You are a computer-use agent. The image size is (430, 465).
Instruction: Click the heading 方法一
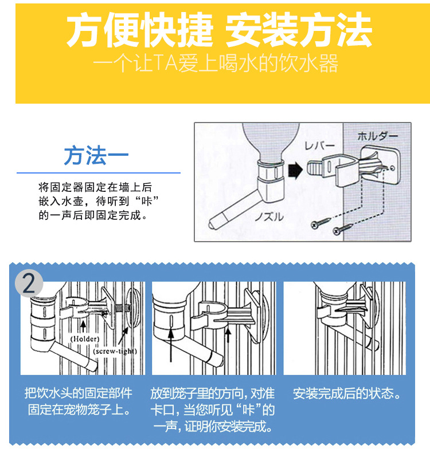coord(96,155)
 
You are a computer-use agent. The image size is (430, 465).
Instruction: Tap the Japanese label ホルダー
coord(377,136)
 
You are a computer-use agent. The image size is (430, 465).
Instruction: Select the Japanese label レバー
coord(319,145)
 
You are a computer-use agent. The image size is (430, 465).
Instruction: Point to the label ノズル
coord(269,217)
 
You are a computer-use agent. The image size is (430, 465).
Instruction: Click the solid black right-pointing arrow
coord(295,170)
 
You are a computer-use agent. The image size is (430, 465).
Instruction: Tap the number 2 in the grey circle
coord(29,283)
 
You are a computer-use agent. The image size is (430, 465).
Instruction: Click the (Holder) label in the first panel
coord(85,339)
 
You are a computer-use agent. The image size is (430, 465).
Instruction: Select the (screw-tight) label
coord(115,352)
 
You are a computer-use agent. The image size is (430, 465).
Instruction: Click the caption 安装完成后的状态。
coord(347,393)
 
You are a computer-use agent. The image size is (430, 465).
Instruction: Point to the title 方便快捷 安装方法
coord(219,30)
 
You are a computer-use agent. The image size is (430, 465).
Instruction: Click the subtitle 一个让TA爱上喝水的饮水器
coord(216,63)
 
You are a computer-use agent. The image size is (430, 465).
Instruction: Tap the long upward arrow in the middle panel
coord(171,345)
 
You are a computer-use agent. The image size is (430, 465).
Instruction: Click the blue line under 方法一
coord(99,172)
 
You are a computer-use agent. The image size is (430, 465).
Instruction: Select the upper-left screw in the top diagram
coord(320,222)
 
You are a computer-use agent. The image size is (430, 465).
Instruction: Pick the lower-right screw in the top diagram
coord(343,228)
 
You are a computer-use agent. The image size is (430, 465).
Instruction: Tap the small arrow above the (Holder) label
coord(83,326)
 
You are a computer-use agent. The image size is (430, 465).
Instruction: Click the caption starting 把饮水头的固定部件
coord(79,401)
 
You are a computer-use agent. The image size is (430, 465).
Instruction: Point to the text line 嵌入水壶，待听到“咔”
coord(98,201)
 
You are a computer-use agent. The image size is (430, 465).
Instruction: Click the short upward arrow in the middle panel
coord(228,334)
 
